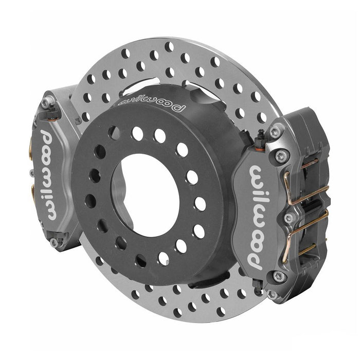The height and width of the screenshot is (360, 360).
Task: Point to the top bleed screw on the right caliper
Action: coord(261,137)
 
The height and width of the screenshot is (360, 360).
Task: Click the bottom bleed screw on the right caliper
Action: coord(258,285)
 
